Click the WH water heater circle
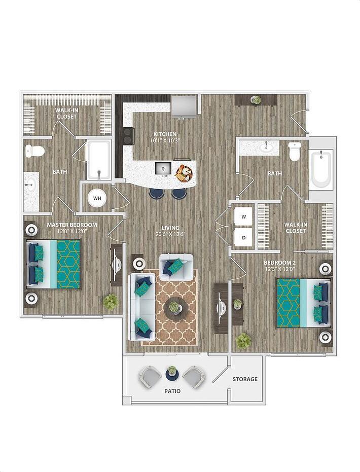click(97, 198)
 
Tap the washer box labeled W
click(243, 216)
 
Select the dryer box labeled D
click(243, 237)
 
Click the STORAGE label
click(245, 379)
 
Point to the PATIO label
click(172, 391)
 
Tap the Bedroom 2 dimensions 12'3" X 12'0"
click(279, 268)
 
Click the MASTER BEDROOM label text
click(72, 225)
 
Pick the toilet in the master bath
click(35, 151)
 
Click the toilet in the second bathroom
click(295, 151)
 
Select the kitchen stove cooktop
click(127, 136)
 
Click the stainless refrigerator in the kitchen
click(183, 105)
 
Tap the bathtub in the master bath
click(98, 160)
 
